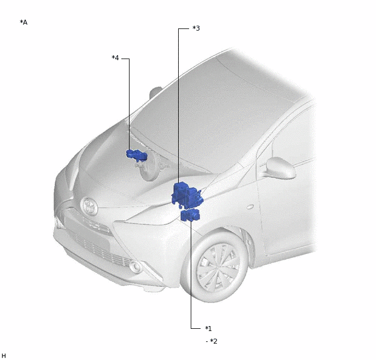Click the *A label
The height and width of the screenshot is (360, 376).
pos(23,22)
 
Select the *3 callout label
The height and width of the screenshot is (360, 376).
pos(196,28)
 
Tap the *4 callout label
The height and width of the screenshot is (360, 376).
pos(115,58)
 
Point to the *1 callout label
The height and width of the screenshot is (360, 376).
pos(208,329)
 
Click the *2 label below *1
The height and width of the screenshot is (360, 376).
pos(214,341)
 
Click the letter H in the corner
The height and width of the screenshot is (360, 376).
pos(4,356)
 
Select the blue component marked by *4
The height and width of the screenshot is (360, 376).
pos(137,155)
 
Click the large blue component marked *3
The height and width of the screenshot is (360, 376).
pos(187,195)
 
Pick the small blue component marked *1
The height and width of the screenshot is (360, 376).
pos(190,215)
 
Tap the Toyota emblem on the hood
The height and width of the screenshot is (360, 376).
pos(89,206)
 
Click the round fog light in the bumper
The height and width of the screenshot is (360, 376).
pos(136,266)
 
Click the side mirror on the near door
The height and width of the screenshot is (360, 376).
pos(280,169)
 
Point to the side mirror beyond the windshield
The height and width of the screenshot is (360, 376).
pos(155,92)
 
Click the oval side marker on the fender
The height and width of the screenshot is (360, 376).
pos(250,207)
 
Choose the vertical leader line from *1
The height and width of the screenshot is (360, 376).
pos(191,274)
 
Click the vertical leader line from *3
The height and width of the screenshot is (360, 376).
pos(178,106)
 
